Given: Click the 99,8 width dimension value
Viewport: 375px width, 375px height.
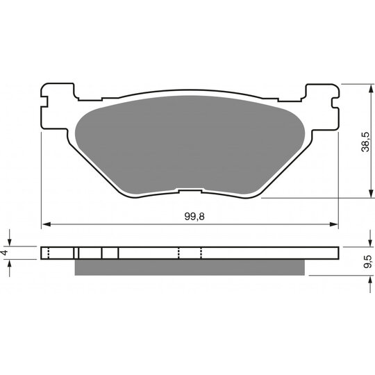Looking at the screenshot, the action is point(194,217).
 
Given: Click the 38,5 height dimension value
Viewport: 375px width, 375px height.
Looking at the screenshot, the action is point(365,142).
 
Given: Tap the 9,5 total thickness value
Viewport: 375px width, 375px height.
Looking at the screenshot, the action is point(367,261).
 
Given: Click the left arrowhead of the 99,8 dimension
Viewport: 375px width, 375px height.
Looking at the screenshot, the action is point(46,224).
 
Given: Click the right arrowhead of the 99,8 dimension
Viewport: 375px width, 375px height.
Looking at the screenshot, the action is point(334,224).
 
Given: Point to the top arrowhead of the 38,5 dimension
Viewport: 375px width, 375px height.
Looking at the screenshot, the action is point(371,89).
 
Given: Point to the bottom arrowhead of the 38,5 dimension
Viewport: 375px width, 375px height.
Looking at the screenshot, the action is point(371,194).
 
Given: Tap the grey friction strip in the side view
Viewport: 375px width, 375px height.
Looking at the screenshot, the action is point(190,267).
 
